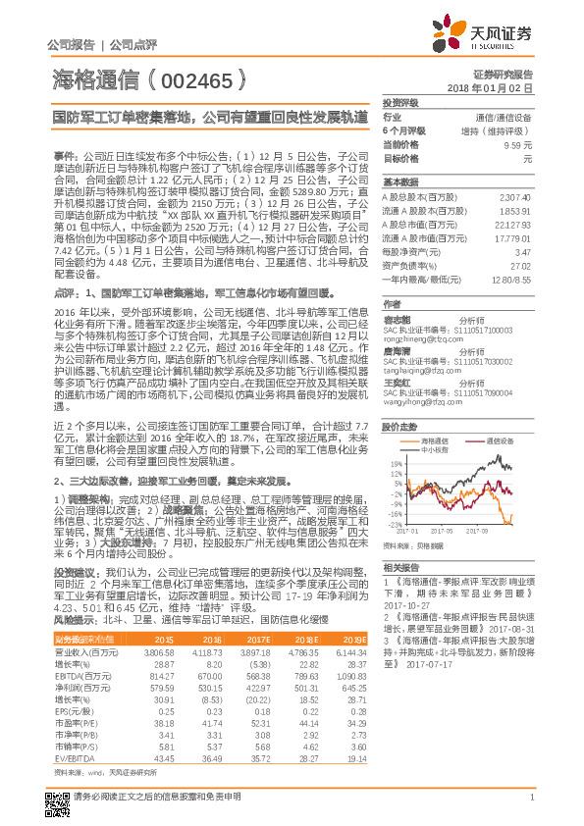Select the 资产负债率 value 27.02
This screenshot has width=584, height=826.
tap(522, 265)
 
